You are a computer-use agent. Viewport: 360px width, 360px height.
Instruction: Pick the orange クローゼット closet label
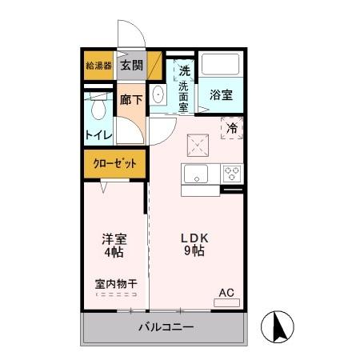(x=116, y=163)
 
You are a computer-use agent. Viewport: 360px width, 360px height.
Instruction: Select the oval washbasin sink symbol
(x=158, y=95)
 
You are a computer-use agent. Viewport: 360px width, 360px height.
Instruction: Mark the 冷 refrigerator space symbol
(x=232, y=128)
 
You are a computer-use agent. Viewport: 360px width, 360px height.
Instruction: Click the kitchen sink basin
(x=197, y=173)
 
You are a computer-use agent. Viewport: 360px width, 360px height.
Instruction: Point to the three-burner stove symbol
(x=231, y=173)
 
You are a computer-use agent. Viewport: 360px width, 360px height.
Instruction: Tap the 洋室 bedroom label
(x=114, y=238)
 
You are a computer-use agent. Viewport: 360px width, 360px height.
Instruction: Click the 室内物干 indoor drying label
(x=114, y=283)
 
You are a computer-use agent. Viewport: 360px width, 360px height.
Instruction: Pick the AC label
(x=226, y=292)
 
